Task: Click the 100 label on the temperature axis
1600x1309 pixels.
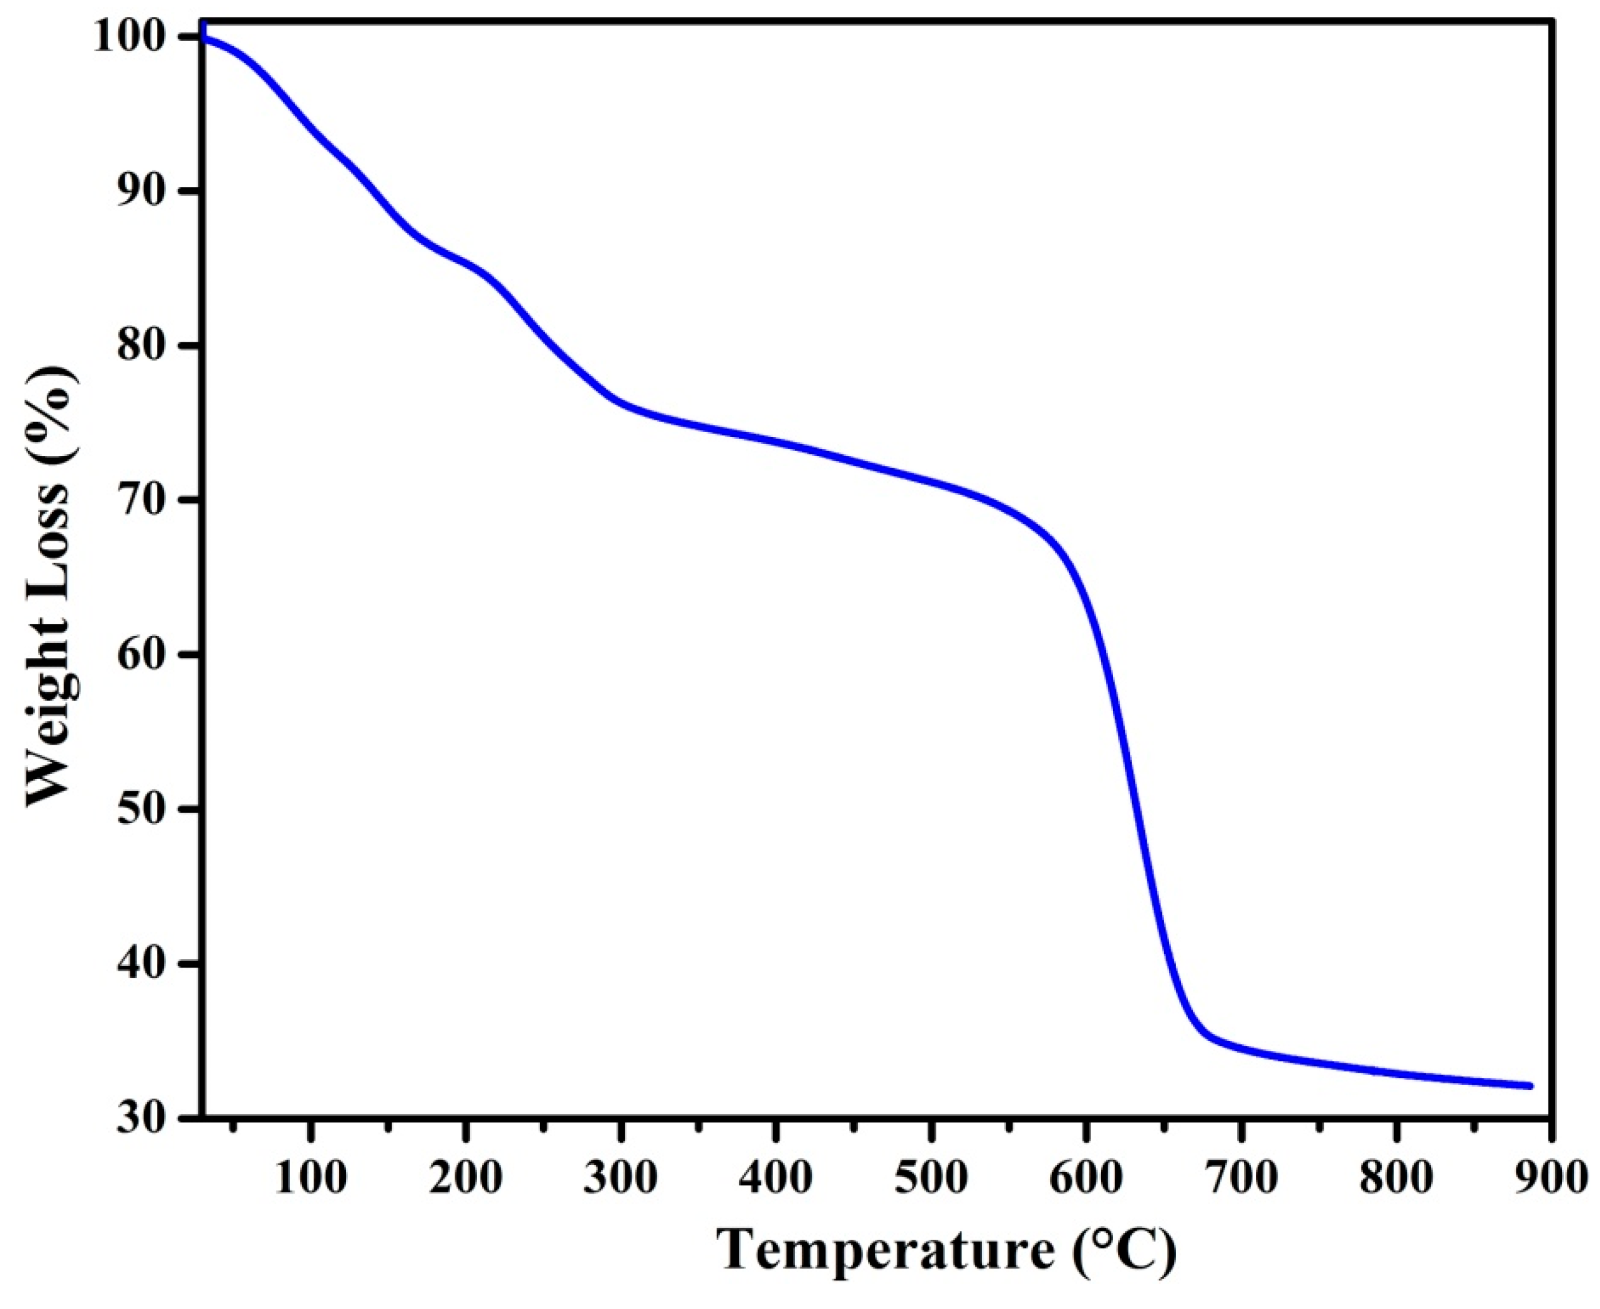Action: [310, 1178]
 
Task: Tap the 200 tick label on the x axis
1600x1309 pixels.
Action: [465, 1178]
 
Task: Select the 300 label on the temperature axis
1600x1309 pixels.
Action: [620, 1178]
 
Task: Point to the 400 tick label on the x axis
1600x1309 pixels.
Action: [776, 1178]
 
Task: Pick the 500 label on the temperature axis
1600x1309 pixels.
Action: [931, 1178]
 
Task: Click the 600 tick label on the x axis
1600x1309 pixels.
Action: [1087, 1178]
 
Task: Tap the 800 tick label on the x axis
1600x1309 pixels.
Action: [1397, 1178]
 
